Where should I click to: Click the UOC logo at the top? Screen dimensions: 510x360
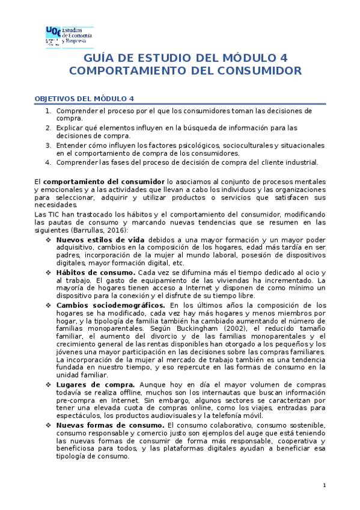69,37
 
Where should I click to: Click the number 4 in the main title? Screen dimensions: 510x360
283,58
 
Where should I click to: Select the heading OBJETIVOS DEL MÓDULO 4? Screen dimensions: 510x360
84,98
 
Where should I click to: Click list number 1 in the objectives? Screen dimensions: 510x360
48,111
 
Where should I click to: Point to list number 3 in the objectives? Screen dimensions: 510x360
48,145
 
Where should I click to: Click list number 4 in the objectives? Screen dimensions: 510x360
48,162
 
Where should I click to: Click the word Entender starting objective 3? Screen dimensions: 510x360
73,145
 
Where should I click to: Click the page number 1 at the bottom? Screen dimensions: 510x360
324,485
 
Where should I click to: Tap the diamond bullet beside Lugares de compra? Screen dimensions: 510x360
49,384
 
